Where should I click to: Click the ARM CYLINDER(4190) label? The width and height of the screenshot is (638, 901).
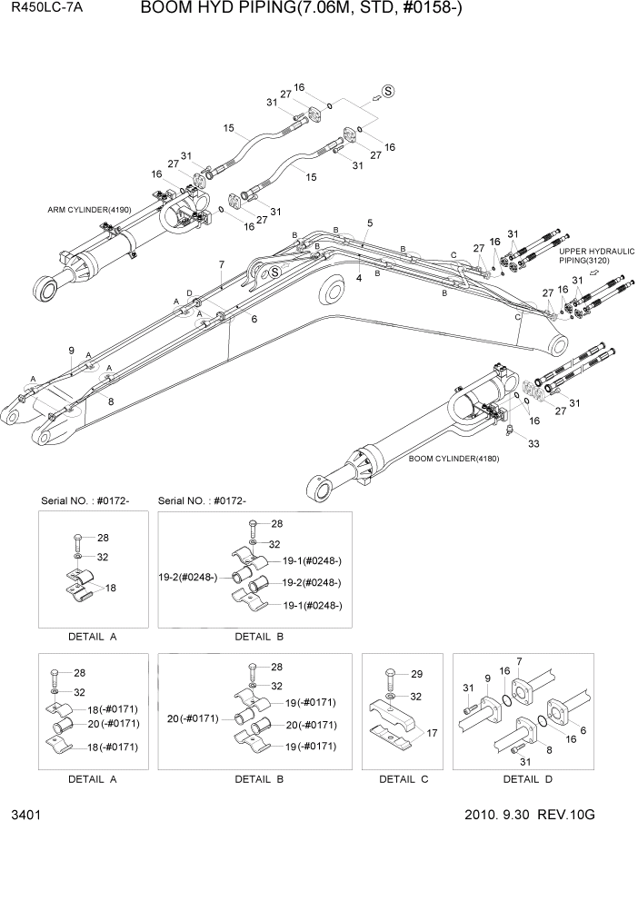[89, 210]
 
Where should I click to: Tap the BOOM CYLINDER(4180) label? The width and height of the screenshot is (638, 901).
[453, 459]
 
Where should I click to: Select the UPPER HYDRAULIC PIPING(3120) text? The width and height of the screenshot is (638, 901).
[594, 255]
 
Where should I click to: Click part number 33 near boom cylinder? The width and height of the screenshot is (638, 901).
[533, 443]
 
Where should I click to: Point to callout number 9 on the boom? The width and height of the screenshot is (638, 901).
[71, 351]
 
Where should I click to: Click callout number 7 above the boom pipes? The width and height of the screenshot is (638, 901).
[221, 264]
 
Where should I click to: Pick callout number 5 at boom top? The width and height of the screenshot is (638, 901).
[370, 223]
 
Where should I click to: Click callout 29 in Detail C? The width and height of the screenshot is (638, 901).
[417, 674]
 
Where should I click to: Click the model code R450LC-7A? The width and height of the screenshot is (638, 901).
[40, 10]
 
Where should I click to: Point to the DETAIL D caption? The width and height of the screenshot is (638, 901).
[527, 778]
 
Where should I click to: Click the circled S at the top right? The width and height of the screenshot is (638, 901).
[388, 91]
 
